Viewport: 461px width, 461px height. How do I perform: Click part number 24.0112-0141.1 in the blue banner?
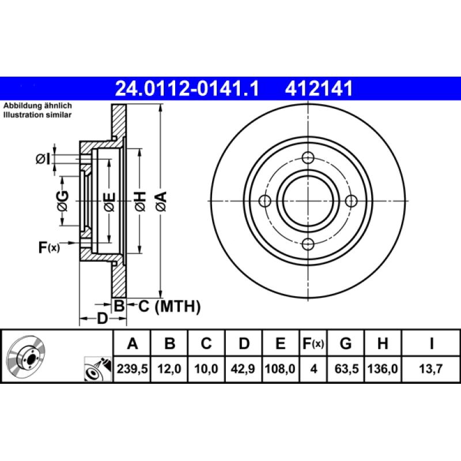point(188,88)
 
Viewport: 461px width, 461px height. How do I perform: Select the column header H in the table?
point(382,344)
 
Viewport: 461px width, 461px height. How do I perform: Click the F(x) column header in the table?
point(313,344)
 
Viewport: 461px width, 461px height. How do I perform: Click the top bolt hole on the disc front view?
point(308,157)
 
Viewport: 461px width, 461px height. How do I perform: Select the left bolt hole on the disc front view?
point(266,201)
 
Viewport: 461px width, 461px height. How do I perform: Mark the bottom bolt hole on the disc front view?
point(308,244)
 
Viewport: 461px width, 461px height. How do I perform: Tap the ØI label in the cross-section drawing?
point(43,159)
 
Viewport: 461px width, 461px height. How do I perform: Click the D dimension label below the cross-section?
point(102,319)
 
